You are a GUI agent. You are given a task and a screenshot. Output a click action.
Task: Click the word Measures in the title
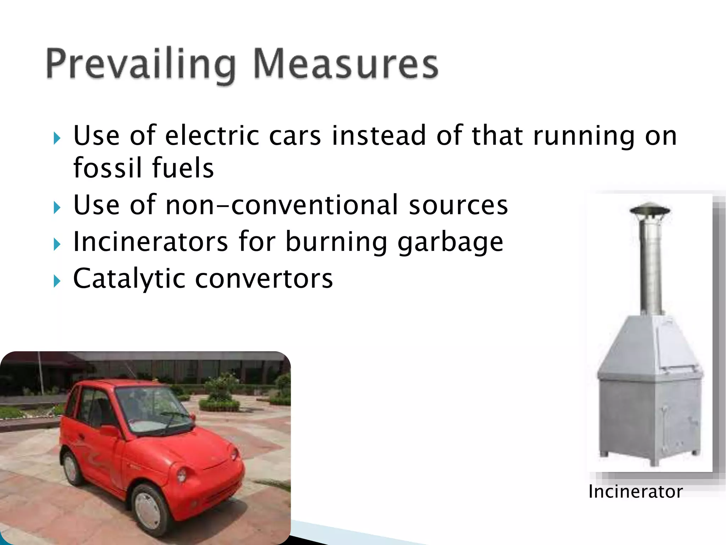tap(346, 64)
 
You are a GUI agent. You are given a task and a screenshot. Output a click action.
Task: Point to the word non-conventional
tap(282, 205)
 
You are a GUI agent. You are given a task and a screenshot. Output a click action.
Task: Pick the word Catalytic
tap(129, 279)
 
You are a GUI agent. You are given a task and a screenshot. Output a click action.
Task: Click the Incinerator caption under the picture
tap(635, 492)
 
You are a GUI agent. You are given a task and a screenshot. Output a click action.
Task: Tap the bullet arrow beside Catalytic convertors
tap(57, 281)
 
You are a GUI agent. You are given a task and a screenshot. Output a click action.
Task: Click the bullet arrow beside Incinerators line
tap(57, 244)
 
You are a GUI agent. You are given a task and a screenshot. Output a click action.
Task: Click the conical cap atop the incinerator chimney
tap(649, 209)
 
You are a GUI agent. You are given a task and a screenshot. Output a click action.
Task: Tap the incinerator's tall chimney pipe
tap(650, 266)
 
